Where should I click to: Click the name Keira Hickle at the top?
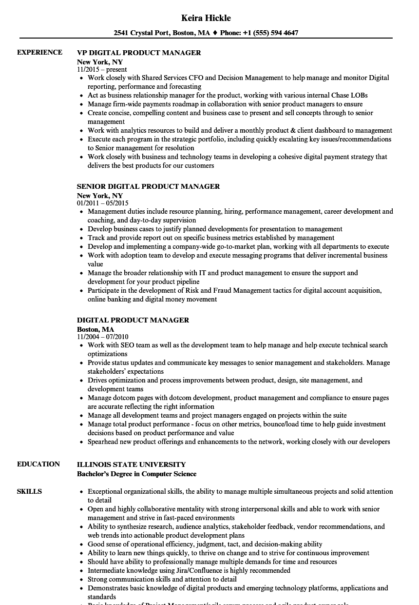pos(206,18)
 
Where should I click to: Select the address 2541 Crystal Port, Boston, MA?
pos(161,33)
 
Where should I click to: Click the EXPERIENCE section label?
pos(39,52)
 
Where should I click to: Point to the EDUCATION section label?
pos(38,464)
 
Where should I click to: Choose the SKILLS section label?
pos(29,491)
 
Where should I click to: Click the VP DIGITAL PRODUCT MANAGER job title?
pos(139,53)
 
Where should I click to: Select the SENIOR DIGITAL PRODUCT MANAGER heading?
pos(148,186)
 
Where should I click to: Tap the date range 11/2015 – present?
pos(102,69)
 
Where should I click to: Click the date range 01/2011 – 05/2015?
pos(102,203)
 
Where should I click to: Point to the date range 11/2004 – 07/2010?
pos(102,337)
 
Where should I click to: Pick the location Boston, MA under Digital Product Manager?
pos(95,329)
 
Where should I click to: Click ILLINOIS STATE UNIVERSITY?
pos(131,464)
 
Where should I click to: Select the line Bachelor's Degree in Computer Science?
pos(136,474)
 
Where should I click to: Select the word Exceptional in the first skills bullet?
pos(105,491)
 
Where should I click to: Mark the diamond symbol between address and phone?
pos(215,33)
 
